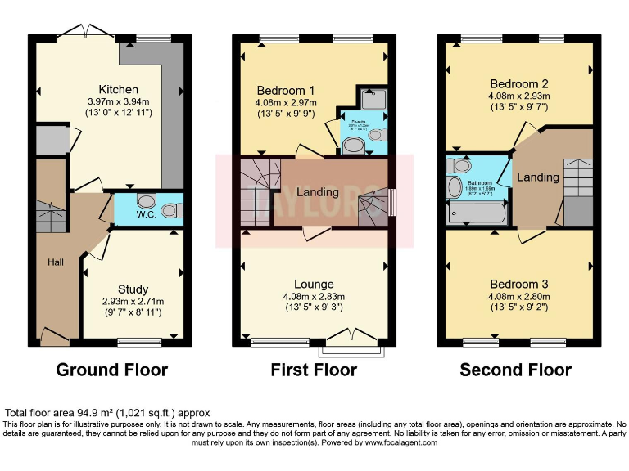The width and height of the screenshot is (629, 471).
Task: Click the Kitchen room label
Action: click(118, 89)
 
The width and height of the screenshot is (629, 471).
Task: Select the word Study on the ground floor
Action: click(133, 289)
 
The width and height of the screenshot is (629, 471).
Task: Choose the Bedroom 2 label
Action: click(518, 84)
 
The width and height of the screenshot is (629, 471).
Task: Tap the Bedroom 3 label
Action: click(518, 284)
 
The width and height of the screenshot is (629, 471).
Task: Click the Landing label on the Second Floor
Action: click(538, 177)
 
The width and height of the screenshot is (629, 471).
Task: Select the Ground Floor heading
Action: click(111, 370)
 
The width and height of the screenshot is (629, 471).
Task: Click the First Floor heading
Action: click(314, 370)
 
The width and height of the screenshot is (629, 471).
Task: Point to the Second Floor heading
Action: click(515, 370)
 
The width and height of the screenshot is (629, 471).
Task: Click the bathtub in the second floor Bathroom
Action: click(477, 213)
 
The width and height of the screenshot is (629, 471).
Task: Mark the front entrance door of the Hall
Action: click(54, 335)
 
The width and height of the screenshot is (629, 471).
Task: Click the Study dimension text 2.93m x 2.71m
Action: click(133, 301)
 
